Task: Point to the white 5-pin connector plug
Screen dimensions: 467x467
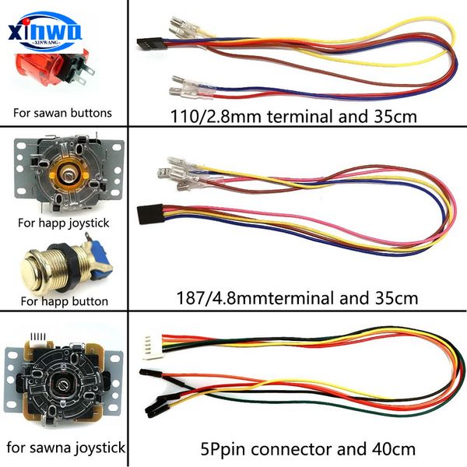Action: pyautogui.click(x=153, y=347)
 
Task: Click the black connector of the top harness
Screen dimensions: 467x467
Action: pyautogui.click(x=149, y=44)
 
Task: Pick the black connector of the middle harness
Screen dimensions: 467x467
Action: pyautogui.click(x=150, y=215)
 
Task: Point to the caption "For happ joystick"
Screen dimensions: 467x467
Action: pyautogui.click(x=64, y=223)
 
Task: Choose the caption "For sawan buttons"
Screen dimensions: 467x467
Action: pyautogui.click(x=62, y=113)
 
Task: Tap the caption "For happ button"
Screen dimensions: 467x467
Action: pyautogui.click(x=65, y=301)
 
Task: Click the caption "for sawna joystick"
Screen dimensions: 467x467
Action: pyautogui.click(x=66, y=448)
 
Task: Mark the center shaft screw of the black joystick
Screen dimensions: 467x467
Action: pyautogui.click(x=63, y=386)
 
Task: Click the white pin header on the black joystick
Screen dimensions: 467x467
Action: pyautogui.click(x=38, y=339)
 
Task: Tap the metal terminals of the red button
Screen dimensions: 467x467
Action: pyautogui.click(x=86, y=73)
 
